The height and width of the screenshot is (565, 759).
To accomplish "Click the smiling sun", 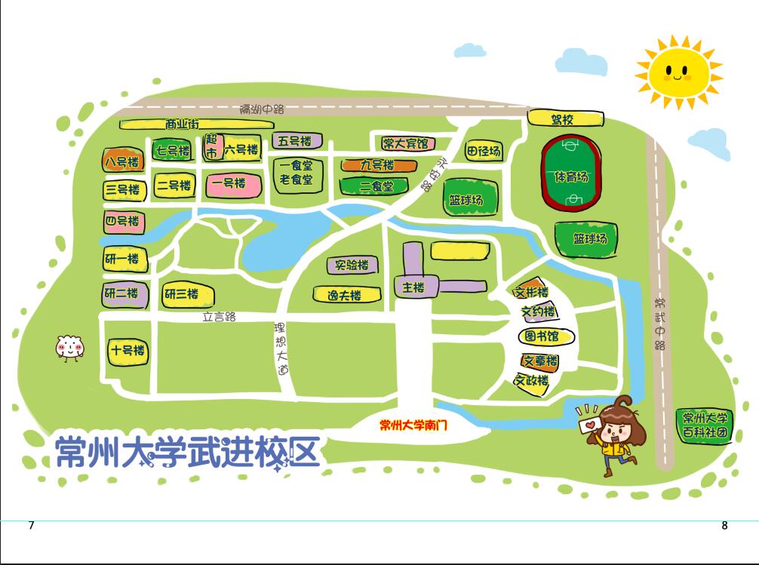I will (x=678, y=72).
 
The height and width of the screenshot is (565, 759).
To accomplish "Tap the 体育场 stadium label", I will (x=570, y=177).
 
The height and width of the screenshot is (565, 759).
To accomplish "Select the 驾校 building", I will (x=565, y=119).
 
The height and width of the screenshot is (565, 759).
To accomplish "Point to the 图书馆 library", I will (x=545, y=336).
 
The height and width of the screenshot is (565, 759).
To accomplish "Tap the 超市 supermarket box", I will (x=212, y=147).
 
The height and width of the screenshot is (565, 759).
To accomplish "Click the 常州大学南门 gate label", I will (x=413, y=425).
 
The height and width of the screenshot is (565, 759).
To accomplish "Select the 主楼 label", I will (x=413, y=287).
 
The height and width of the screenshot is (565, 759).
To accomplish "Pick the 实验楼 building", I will (x=352, y=266).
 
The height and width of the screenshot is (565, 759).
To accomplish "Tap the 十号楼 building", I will (x=127, y=351).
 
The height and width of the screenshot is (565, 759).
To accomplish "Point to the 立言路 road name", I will (x=219, y=317).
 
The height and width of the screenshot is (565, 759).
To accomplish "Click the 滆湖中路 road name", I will (x=262, y=109).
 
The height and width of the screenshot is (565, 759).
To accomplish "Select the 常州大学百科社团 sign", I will (x=705, y=425).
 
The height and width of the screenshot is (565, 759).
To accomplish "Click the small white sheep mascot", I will (x=69, y=347).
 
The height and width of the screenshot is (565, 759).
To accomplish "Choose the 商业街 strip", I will (x=183, y=124).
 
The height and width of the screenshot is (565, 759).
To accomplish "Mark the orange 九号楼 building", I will (x=377, y=164).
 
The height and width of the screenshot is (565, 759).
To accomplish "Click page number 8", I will (x=724, y=526).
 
